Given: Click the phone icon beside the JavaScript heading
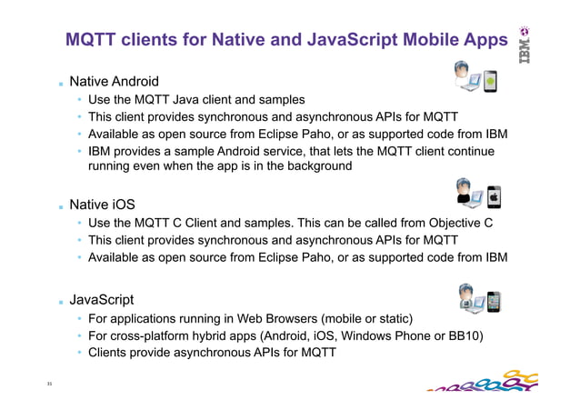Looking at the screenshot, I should pyautogui.click(x=494, y=302).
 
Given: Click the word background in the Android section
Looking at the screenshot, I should pyautogui.click(x=312, y=167).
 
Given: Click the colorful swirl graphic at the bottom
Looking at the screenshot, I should pyautogui.click(x=478, y=383).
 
